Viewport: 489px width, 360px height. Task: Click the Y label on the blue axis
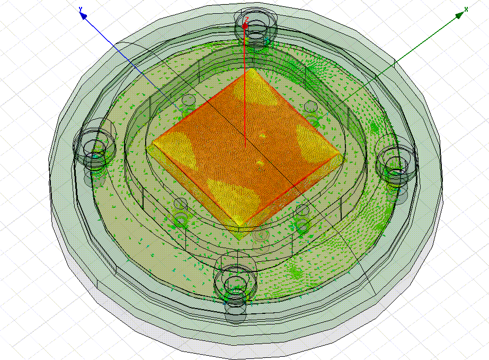coord(80,9)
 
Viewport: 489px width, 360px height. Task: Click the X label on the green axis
coord(466,9)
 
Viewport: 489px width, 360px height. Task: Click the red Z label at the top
coord(246,20)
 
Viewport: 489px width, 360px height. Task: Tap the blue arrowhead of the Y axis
coord(83,16)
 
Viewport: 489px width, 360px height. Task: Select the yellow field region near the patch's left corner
coord(173,146)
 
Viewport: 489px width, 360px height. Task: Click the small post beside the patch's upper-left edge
coord(189,101)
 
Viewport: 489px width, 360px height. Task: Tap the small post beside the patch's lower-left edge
coord(181,204)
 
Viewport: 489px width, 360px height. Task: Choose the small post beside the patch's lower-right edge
coord(303,210)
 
